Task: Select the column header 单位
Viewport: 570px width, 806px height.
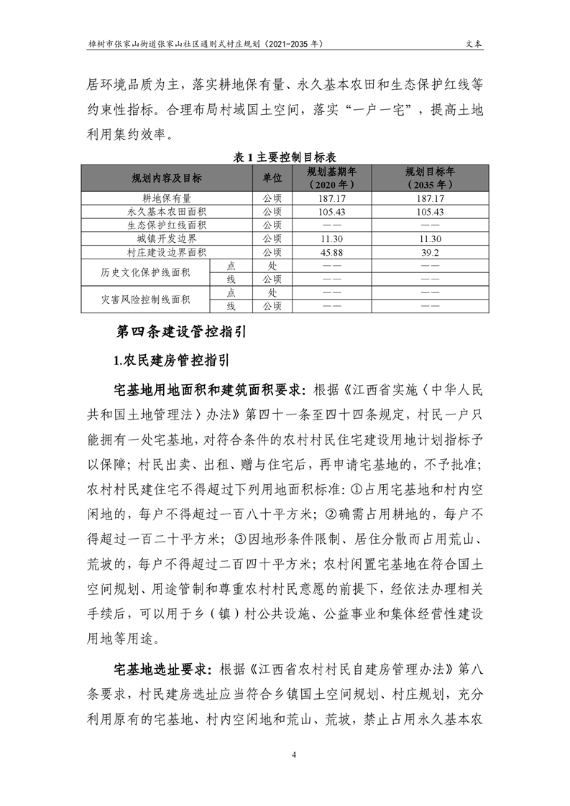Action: pyautogui.click(x=266, y=177)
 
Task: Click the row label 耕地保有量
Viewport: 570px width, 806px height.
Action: pyautogui.click(x=167, y=198)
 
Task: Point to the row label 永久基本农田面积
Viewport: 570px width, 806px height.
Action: pyautogui.click(x=167, y=211)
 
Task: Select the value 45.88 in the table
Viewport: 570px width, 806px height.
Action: pyautogui.click(x=331, y=252)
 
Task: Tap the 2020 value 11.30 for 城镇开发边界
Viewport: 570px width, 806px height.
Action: pyautogui.click(x=331, y=238)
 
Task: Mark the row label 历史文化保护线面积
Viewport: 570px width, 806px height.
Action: pyautogui.click(x=146, y=272)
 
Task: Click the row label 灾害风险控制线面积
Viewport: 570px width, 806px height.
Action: pyautogui.click(x=146, y=300)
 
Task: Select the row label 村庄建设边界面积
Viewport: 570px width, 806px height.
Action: pyautogui.click(x=167, y=252)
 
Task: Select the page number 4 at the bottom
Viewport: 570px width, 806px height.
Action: pyautogui.click(x=285, y=755)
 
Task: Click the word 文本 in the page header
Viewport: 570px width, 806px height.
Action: pyautogui.click(x=474, y=44)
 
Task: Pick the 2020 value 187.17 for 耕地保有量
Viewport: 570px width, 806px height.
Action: pyautogui.click(x=331, y=198)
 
